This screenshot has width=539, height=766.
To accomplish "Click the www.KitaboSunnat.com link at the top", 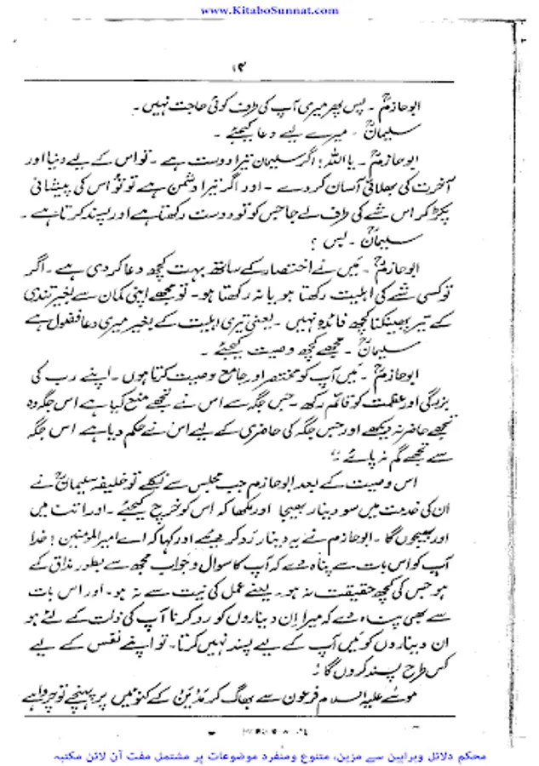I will pos(267,9).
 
